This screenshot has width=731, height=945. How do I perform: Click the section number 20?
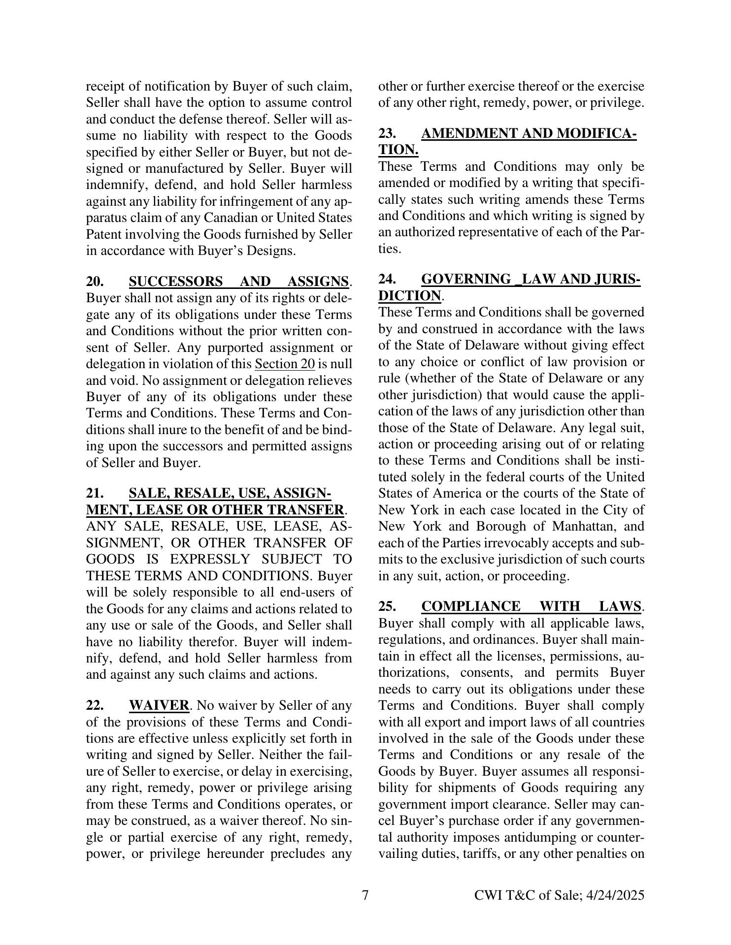click(x=95, y=282)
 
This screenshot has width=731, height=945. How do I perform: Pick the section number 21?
click(x=95, y=494)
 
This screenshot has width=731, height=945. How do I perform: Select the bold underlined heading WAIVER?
click(x=159, y=706)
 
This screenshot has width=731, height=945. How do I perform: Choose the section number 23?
click(x=387, y=134)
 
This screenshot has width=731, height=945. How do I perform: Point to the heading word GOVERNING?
click(x=466, y=280)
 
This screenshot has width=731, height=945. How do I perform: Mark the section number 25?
click(x=387, y=606)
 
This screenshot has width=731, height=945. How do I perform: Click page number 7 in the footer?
click(x=365, y=895)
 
